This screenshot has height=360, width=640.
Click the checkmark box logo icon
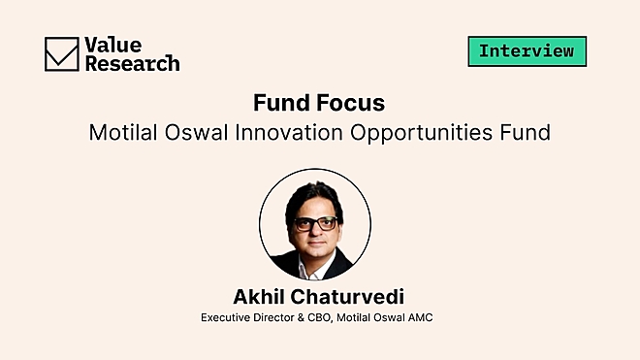point(61,53)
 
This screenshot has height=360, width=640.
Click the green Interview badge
point(527,50)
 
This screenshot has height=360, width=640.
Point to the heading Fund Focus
point(319,102)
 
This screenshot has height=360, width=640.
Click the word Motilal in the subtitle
point(123,132)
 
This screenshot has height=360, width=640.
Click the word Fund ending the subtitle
point(527,132)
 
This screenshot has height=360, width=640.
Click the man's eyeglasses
point(314,222)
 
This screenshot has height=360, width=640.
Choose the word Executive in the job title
point(225,317)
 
